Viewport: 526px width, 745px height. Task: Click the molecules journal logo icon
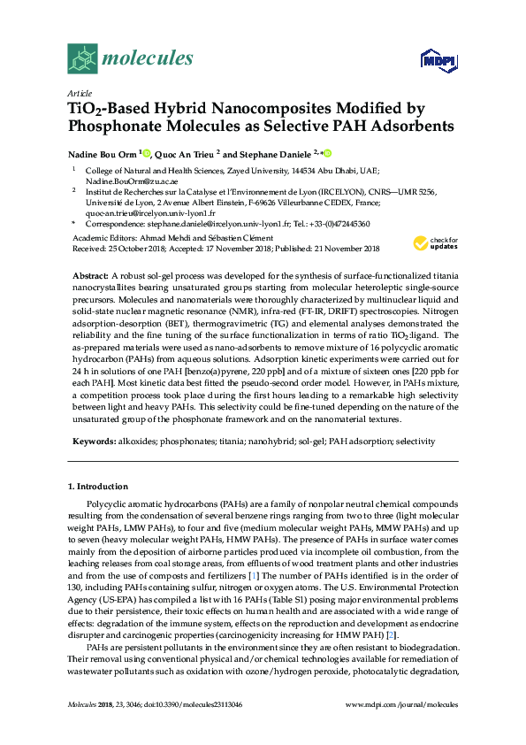click(x=81, y=59)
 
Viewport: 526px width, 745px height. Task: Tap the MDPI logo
click(x=438, y=60)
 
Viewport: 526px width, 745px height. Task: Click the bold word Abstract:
click(x=90, y=278)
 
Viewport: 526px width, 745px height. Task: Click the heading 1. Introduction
click(x=98, y=487)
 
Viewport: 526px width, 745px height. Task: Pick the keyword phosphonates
click(x=180, y=441)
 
